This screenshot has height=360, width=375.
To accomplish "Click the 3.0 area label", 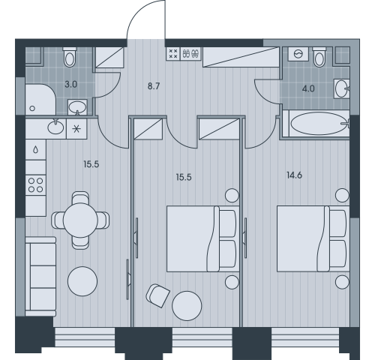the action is tap(71, 85).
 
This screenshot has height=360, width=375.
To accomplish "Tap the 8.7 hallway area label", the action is tap(154, 86).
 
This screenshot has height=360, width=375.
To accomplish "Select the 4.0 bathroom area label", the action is tap(308, 88).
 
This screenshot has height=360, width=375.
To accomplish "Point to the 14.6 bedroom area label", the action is tap(294, 175).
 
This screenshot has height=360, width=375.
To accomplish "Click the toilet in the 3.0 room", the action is tap(70, 57).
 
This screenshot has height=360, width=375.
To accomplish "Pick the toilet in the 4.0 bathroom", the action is tap(319, 57).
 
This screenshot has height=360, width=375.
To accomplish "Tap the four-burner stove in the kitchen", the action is tap(36, 185).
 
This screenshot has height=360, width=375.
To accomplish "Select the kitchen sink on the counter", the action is tap(55, 127).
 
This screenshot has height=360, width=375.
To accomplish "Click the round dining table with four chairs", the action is tap(80, 220).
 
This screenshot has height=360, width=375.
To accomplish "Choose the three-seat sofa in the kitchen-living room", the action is tap(40, 277).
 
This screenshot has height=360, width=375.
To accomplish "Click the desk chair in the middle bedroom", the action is tap(157, 295).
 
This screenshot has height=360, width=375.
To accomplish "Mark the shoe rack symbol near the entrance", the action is tap(191, 53).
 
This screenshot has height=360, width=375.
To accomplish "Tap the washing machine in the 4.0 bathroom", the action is tap(298, 54).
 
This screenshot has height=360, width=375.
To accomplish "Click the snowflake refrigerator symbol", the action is tap(76, 129).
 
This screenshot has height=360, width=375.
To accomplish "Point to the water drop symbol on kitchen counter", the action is tap(36, 150).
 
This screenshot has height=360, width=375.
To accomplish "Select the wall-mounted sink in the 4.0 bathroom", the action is tap(342, 88).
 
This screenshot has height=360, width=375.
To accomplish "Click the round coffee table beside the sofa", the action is tap(82, 281).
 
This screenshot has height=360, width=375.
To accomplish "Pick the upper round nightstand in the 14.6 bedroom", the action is tap(342, 195).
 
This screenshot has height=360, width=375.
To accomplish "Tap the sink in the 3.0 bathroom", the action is tap(77, 107).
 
